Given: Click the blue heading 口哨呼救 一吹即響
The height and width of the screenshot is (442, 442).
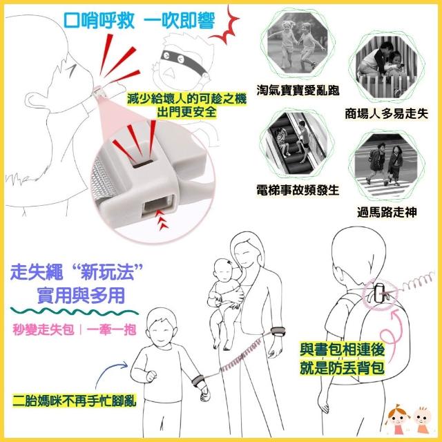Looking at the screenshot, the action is tap(140, 20).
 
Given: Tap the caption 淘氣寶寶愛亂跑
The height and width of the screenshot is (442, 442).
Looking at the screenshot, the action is tap(298, 90).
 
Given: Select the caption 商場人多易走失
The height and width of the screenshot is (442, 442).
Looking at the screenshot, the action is tap(386, 113).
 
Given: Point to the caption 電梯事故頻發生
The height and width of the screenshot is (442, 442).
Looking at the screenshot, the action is tap(298, 190).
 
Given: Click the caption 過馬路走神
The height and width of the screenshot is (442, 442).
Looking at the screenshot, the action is tap(387, 212).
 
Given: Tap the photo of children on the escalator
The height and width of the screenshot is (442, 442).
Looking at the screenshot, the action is tap(297, 144).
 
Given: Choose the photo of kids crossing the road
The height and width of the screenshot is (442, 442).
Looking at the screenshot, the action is tap(386, 165).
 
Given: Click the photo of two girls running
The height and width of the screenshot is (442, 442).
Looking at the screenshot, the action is tap(298, 44).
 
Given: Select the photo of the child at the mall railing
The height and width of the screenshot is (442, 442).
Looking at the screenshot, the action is tap(386, 66).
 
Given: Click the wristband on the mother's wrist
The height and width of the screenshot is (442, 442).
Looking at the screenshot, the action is tap(278, 331).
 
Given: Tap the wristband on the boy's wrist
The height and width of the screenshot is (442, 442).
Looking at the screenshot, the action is tap(198, 381).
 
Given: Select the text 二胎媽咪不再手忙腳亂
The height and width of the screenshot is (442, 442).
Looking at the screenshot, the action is tap(75, 400).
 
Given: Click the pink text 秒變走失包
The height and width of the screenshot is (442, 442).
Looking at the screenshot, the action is tap(44, 329).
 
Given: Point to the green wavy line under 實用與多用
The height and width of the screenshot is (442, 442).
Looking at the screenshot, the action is tap(75, 312).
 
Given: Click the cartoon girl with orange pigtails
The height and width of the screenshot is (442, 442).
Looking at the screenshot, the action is tap(398, 419).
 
